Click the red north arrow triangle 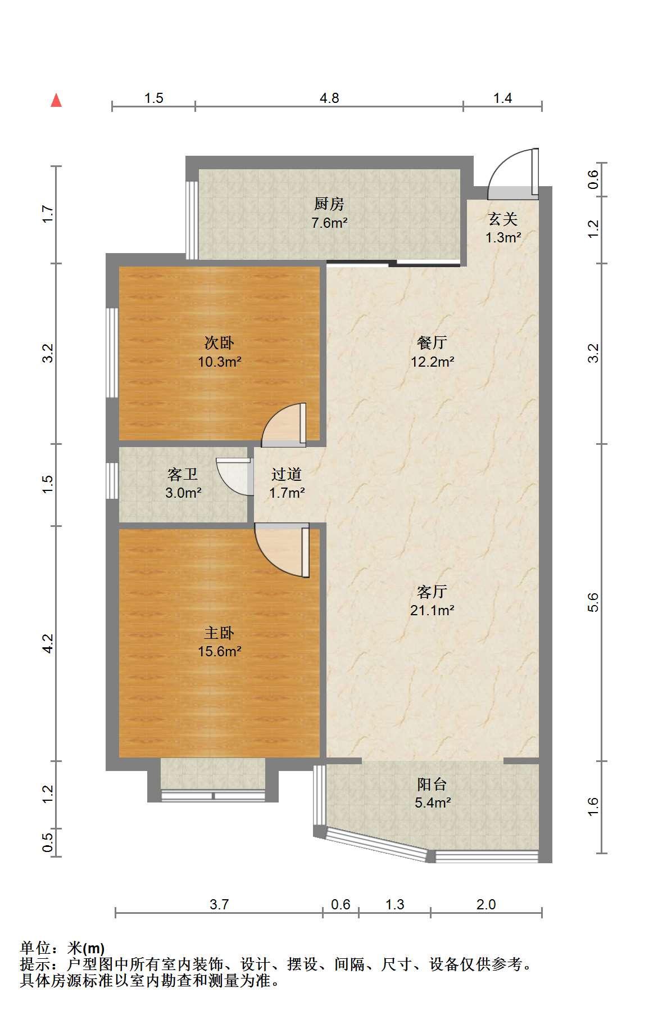[56, 100]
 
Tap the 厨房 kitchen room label [329, 204]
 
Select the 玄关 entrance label [502, 218]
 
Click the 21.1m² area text [432, 610]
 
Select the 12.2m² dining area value [432, 362]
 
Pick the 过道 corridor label [287, 475]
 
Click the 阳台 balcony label [432, 784]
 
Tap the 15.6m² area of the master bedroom [219, 652]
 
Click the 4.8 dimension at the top [329, 98]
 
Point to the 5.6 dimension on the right [595, 602]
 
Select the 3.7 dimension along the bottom [219, 904]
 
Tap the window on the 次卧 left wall [112, 353]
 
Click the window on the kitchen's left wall [192, 220]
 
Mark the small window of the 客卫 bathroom [112, 481]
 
